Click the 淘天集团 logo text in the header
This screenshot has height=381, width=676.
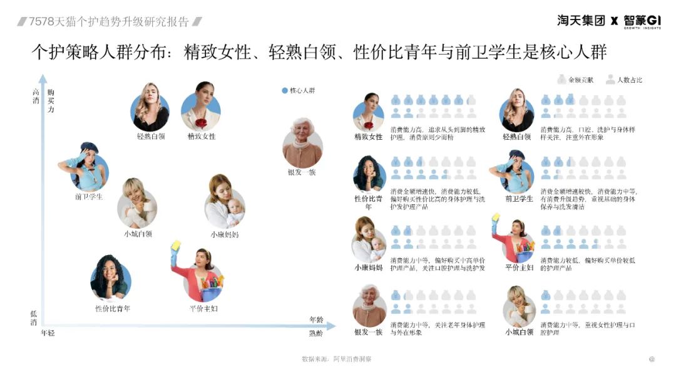pyautogui.click(x=581, y=21)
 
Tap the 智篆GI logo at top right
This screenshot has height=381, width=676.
pyautogui.click(x=643, y=20)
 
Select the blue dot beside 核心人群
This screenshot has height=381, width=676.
pyautogui.click(x=285, y=90)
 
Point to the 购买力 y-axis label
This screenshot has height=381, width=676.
pyautogui.click(x=51, y=100)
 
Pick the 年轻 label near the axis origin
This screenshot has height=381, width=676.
pyautogui.click(x=48, y=333)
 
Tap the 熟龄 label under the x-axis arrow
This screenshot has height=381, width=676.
pyautogui.click(x=317, y=333)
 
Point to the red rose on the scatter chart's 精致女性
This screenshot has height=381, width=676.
pyautogui.click(x=201, y=122)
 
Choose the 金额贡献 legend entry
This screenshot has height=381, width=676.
pyautogui.click(x=575, y=80)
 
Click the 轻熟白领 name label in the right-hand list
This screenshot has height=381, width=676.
pyautogui.click(x=517, y=137)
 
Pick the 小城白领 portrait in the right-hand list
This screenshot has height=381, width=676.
pyautogui.click(x=519, y=306)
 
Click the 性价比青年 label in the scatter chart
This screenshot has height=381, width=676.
pyautogui.click(x=113, y=308)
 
